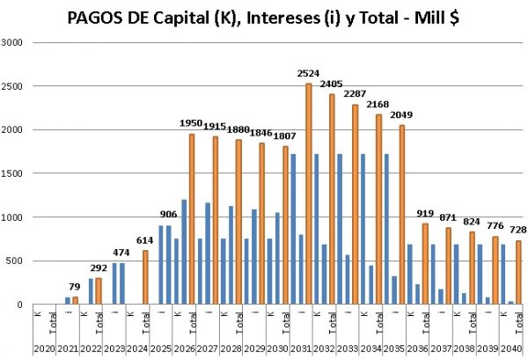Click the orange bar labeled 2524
[309, 194]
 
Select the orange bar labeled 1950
[191, 219]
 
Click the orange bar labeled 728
[517, 272]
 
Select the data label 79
[74, 286]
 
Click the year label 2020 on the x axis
[41, 350]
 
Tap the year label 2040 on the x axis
[510, 350]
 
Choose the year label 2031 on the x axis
[299, 350]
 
